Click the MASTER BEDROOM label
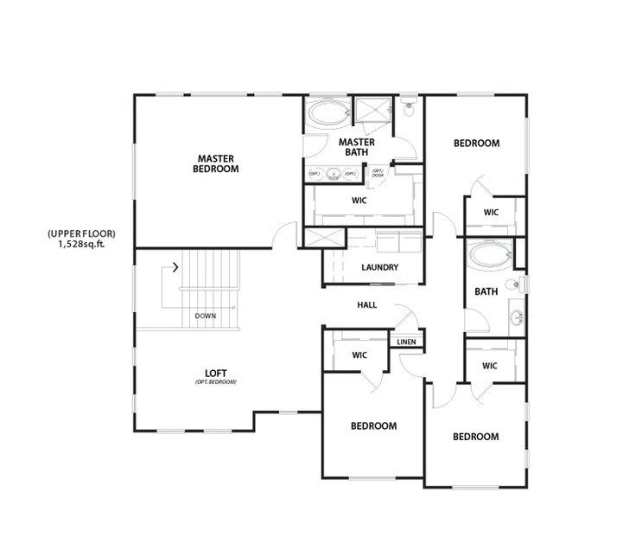pos(217,163)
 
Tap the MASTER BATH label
pos(356,147)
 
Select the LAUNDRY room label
pos(380,267)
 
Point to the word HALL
pos(367,305)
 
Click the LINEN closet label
pos(406,342)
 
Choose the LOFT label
pos(217,374)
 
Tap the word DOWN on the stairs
pos(206,316)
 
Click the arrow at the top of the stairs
pos(176,267)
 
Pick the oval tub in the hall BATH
pos(489,257)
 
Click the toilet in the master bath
pos(410,108)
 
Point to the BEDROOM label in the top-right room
pos(476,144)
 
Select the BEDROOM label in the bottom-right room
pos(475,437)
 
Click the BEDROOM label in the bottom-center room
pos(373,426)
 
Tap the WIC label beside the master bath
pos(360,201)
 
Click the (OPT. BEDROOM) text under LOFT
pos(216,382)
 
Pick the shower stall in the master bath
pos(373,112)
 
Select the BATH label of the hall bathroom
pos(486,291)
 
